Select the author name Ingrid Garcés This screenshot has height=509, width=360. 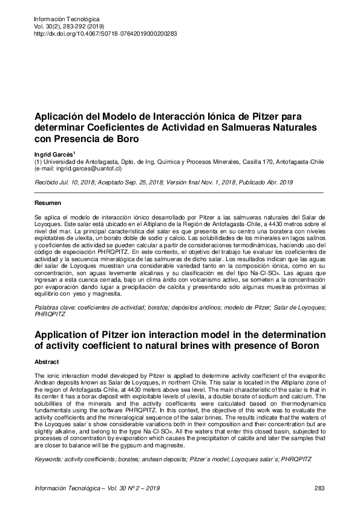[x=53, y=155]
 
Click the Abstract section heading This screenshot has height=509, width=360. [x=47, y=362]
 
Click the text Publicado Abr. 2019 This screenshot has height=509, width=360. [x=268, y=181]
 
